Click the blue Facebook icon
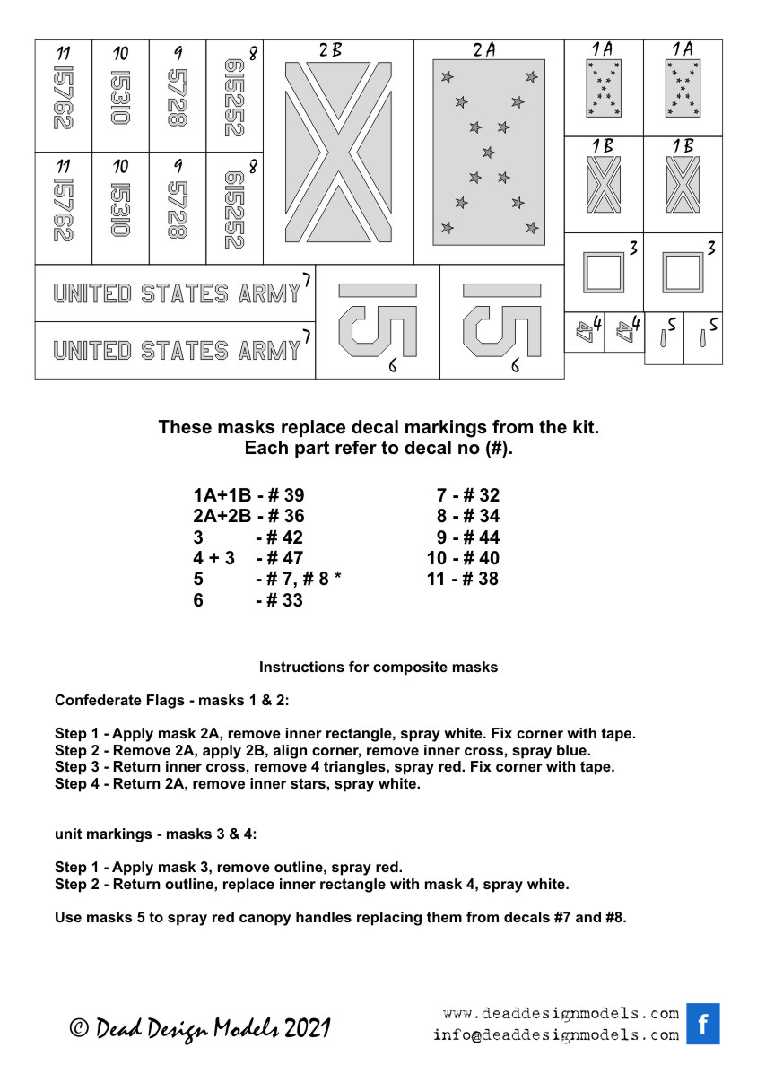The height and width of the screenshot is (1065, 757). coord(702,1024)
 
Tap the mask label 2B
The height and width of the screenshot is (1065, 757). coord(330,51)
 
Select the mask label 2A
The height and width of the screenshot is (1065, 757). coord(484,51)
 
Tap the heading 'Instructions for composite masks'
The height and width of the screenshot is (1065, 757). coord(378,668)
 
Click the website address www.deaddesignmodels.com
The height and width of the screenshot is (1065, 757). coord(561,1014)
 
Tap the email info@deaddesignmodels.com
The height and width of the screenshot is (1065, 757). coord(556,1034)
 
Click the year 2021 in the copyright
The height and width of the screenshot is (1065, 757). coord(308,1028)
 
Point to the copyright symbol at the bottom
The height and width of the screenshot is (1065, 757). coord(79,1029)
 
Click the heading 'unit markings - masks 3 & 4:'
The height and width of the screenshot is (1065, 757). coord(155,834)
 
